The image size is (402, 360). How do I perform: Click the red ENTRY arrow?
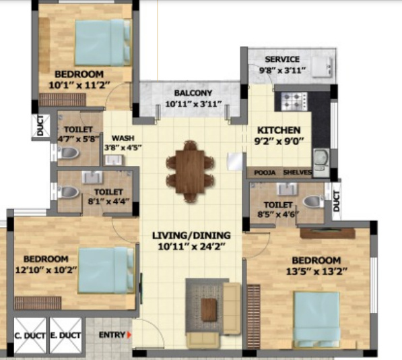tap(129, 335)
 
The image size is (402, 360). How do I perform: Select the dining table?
tap(190, 172)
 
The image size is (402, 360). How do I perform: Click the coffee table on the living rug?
tap(209, 309)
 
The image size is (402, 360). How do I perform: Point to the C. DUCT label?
tap(30, 336)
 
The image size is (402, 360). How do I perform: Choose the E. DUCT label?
tap(65, 336)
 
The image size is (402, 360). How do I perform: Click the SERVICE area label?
tap(282, 59)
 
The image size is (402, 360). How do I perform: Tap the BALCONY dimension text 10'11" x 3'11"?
tap(193, 104)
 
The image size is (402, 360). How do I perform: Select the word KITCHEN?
tap(279, 130)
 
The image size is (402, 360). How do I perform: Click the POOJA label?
tap(265, 173)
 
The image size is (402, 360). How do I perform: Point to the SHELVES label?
tap(298, 173)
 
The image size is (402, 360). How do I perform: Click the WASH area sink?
tap(114, 160)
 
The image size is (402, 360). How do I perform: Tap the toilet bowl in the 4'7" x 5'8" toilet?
tap(68, 152)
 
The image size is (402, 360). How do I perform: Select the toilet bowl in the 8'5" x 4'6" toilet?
tap(313, 201)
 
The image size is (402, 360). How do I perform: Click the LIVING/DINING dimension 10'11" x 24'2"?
tap(192, 247)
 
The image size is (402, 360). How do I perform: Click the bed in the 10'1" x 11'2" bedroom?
tap(103, 42)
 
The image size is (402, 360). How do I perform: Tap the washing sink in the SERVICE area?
tap(323, 67)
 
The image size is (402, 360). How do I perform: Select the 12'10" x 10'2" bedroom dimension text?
tap(46, 270)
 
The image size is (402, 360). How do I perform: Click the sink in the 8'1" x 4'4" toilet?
tap(92, 177)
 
